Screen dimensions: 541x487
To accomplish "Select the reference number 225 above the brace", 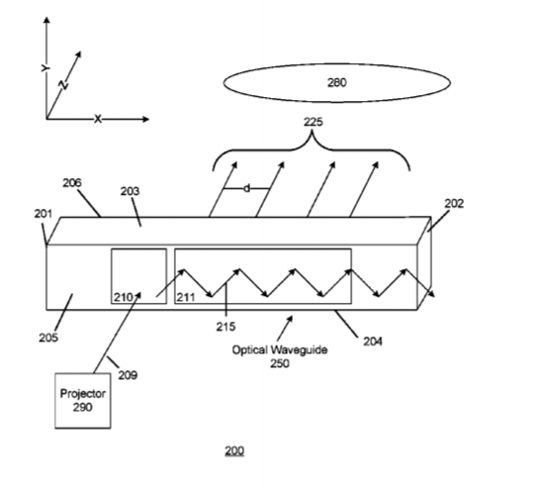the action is point(314,122).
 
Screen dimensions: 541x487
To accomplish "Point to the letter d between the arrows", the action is point(246,189).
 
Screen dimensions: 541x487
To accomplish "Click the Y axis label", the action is point(45,68).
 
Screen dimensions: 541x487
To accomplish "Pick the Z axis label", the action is point(64,84).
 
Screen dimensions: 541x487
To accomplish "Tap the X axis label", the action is point(98,120).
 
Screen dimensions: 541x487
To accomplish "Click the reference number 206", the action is point(72,183).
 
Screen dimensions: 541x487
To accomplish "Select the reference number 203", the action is point(130,191).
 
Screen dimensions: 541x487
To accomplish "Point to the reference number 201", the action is point(44,214).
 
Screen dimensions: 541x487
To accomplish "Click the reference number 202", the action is point(454,204).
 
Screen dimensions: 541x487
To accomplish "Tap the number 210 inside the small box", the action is point(124,297).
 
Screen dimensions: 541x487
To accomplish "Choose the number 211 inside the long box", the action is point(186,297).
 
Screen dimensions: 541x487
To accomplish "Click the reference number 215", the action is point(225,327).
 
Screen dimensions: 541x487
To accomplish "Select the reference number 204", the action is point(373,341).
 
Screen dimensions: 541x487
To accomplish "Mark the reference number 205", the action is point(48,338).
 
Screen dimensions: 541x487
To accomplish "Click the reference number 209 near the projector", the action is point(128,375).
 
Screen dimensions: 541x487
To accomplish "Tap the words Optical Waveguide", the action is point(280,349).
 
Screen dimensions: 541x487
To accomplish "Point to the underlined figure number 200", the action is point(234,450).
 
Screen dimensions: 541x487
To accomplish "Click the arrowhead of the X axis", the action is point(147,119).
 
